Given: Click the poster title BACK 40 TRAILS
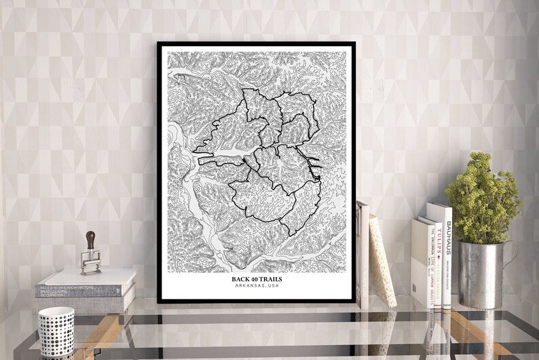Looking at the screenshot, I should click(256, 278).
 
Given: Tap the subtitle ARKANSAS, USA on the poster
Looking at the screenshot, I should click(256, 286).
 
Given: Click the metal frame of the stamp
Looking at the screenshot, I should click(90, 262).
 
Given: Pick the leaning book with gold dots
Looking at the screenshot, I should click(382, 262).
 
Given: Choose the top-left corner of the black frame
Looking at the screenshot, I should click(159, 44).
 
